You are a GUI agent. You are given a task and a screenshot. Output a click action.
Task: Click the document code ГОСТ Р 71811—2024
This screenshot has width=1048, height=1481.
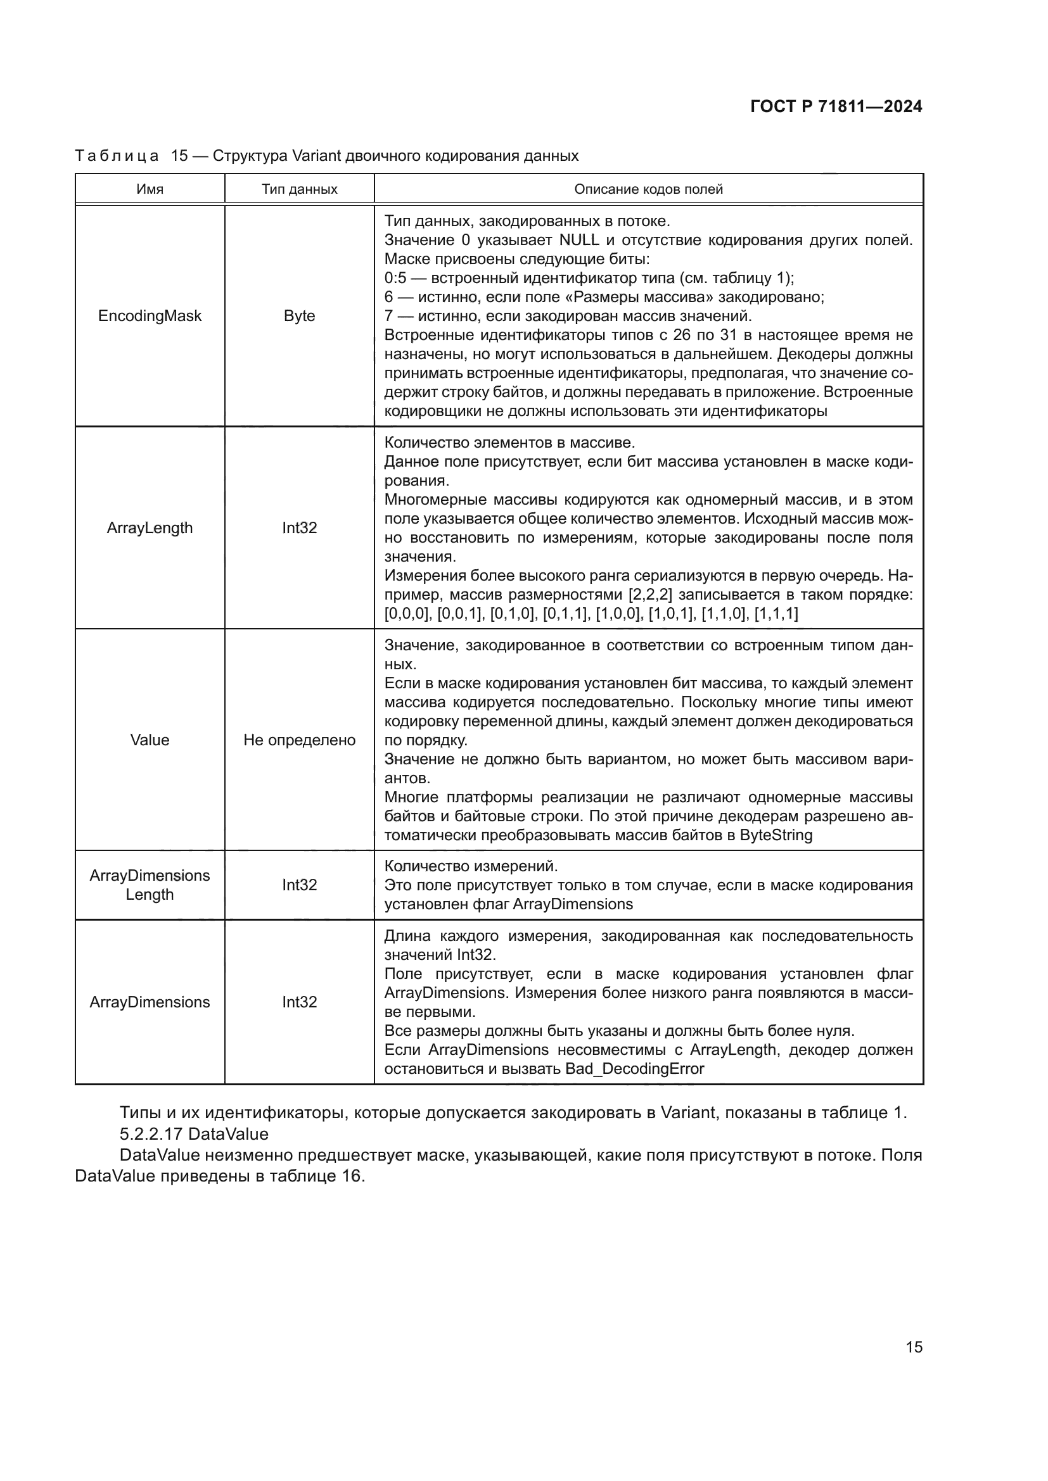(x=836, y=107)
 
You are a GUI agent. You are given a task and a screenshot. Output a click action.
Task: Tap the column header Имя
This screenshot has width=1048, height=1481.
(x=150, y=189)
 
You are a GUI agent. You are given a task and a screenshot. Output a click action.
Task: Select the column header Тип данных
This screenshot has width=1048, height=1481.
(x=300, y=189)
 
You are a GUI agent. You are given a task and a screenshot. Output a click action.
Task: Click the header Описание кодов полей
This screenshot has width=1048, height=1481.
(x=649, y=189)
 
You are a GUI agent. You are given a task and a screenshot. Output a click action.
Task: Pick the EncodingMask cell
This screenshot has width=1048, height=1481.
(x=150, y=316)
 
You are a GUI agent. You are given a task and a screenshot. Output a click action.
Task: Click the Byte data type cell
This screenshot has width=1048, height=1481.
(x=300, y=316)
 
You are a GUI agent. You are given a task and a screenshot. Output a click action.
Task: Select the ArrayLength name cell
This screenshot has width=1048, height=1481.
(x=150, y=527)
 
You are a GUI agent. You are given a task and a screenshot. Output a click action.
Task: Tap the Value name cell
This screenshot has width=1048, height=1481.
(x=150, y=740)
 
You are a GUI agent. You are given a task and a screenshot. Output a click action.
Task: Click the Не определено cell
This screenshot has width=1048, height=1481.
(x=300, y=740)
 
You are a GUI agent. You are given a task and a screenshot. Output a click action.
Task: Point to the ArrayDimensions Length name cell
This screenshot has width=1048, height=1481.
(x=150, y=885)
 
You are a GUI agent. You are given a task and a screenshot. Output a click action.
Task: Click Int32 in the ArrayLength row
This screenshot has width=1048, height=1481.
(x=300, y=527)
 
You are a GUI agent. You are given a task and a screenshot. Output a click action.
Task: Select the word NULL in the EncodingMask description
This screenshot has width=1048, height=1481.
(x=579, y=240)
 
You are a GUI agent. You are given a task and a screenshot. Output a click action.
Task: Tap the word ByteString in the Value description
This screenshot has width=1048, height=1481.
(x=776, y=835)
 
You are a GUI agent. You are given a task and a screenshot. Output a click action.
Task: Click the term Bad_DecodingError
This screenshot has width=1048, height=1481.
(x=634, y=1069)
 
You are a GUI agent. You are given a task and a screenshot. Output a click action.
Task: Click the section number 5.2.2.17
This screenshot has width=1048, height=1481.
(x=151, y=1133)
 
